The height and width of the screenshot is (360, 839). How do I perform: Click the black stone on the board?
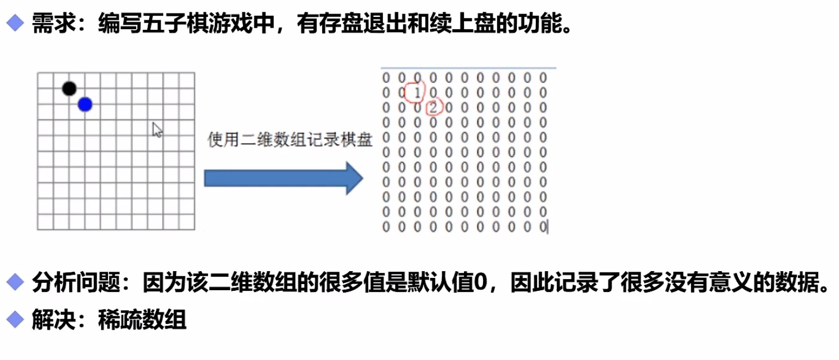[69, 88]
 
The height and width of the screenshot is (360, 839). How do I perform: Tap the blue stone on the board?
[85, 104]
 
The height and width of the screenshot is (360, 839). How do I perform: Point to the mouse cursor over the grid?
[157, 129]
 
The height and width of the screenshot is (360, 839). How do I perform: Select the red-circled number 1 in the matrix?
[417, 93]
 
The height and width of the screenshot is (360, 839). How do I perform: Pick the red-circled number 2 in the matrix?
[433, 107]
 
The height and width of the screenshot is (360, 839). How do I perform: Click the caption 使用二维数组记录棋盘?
[290, 140]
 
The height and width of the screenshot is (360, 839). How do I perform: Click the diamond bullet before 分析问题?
[15, 281]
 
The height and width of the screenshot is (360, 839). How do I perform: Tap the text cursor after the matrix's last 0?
[548, 227]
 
